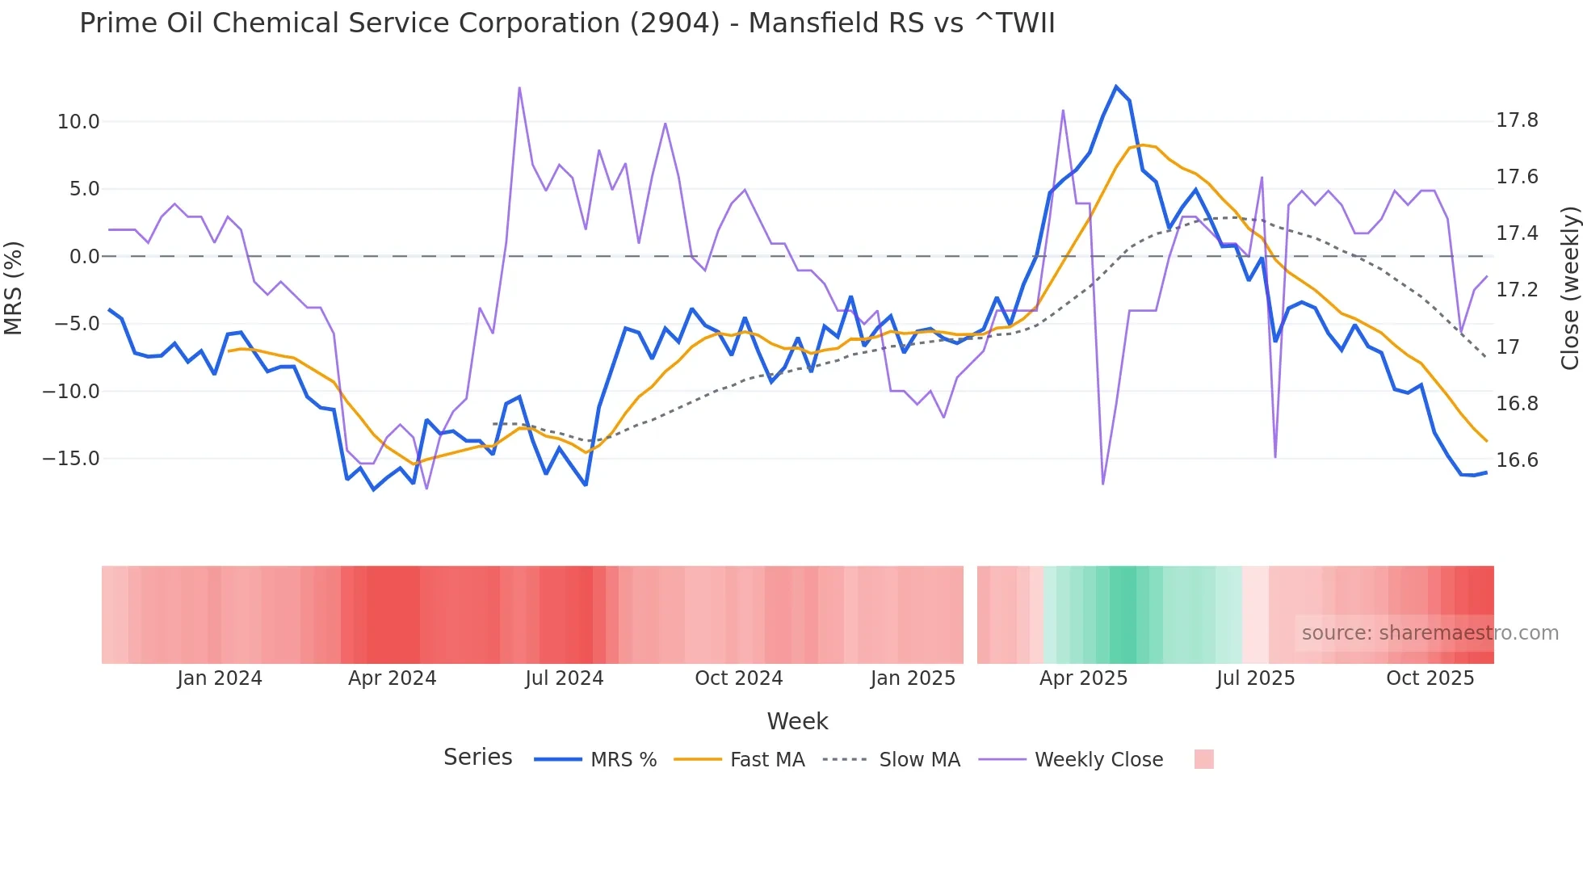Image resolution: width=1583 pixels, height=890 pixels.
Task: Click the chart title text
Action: (x=567, y=23)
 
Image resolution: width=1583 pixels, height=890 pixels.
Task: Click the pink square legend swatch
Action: (x=1203, y=759)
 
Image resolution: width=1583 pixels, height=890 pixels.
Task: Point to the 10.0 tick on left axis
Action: (x=78, y=122)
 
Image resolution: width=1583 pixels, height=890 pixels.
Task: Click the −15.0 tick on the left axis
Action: (x=71, y=459)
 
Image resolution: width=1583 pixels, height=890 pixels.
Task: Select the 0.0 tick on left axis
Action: (x=84, y=257)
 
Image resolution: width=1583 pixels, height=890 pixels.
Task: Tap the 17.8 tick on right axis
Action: (x=1517, y=120)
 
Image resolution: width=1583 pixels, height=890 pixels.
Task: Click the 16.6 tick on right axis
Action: (x=1517, y=460)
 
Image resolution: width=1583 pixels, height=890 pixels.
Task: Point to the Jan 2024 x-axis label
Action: (x=220, y=678)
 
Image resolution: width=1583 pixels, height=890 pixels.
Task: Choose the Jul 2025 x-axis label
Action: (x=1255, y=678)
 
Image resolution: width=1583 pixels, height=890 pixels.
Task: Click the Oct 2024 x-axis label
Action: (x=738, y=678)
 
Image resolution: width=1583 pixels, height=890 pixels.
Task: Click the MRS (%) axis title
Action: (x=14, y=288)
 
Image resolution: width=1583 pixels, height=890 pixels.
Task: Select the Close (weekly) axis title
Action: (x=1569, y=288)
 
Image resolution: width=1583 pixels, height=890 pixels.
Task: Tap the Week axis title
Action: (x=797, y=721)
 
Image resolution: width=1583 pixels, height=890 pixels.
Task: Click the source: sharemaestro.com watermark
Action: (x=1430, y=633)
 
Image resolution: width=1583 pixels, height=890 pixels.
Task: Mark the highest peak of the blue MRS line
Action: (x=1116, y=86)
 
